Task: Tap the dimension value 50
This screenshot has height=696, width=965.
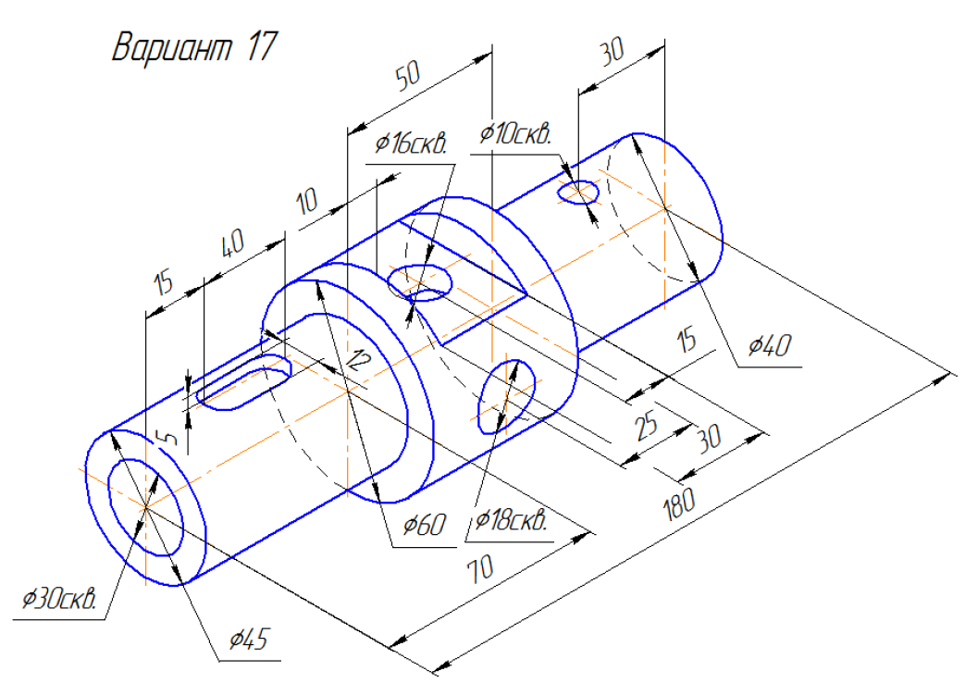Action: point(414,79)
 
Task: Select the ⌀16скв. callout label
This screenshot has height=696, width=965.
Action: point(412,144)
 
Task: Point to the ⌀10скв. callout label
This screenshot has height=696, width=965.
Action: point(515,134)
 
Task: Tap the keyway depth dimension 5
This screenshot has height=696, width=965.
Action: point(167,435)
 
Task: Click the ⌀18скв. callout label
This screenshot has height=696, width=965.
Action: point(511,521)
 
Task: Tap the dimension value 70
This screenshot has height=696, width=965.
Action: point(479,567)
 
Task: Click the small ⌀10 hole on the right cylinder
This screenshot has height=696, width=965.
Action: point(580,193)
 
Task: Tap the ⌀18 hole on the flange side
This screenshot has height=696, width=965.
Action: point(506,396)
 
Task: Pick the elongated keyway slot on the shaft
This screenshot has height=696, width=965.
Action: point(243,383)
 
